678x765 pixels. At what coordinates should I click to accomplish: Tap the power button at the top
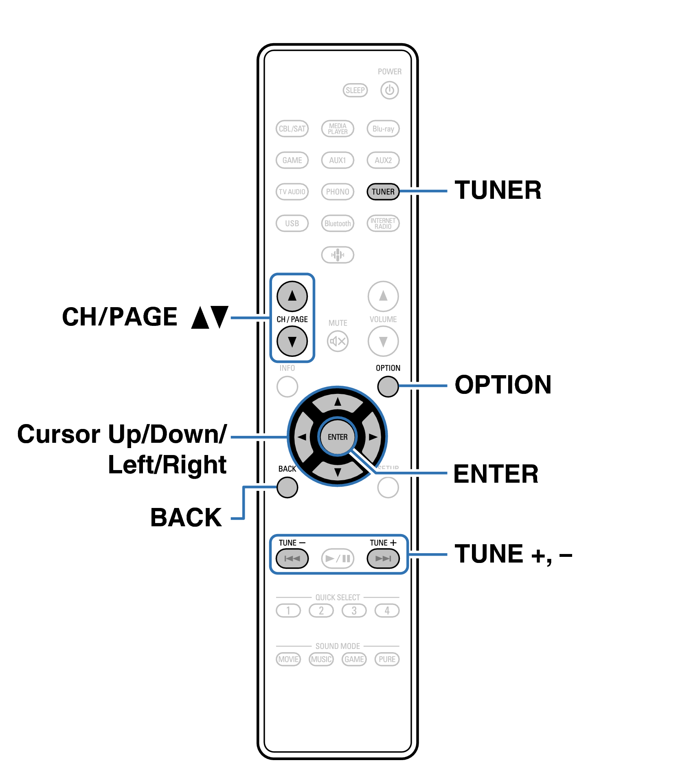(389, 90)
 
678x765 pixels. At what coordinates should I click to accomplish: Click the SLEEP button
(355, 90)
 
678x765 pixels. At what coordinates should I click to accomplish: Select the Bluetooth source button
(338, 223)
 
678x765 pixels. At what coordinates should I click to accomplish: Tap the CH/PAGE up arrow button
(292, 296)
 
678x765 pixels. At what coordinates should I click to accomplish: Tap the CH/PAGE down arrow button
(292, 341)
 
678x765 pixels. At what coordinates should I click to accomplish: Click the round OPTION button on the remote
(388, 386)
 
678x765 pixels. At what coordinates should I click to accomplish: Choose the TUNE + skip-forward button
(383, 558)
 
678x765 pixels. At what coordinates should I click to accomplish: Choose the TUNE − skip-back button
(292, 558)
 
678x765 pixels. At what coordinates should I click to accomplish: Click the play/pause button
(338, 558)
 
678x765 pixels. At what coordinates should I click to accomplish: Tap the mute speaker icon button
(338, 341)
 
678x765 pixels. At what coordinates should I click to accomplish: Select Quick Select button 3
(354, 611)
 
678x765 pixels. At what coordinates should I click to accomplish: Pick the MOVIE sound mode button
(288, 659)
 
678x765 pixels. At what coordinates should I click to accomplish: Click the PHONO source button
(338, 191)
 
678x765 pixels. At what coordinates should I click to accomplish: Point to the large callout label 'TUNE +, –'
(513, 554)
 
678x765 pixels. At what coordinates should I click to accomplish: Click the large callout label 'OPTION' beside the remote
(503, 385)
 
